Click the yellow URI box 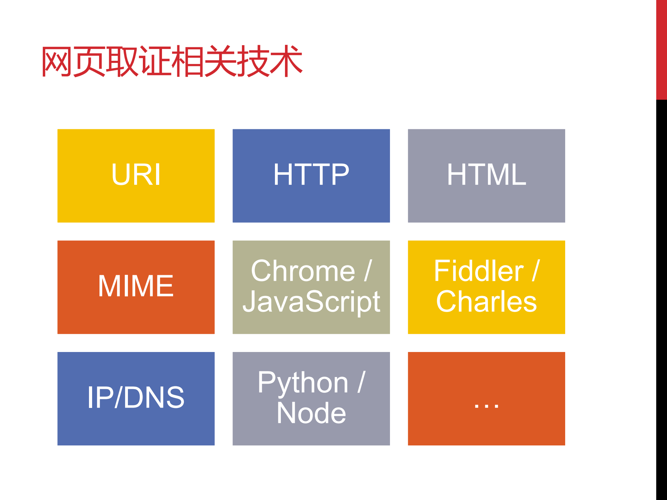pos(136,175)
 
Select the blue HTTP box pos(311,175)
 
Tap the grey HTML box pos(486,175)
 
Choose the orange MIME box pos(136,287)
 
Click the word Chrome pos(303,271)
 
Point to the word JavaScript pos(311,302)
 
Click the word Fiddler pos(479,271)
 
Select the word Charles pos(486,302)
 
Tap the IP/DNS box pos(136,398)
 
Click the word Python pos(303,383)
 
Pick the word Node pos(311,413)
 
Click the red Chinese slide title pos(172,62)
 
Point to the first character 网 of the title pos(57,62)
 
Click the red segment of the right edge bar pos(661,50)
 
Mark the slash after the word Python pos(361,382)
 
